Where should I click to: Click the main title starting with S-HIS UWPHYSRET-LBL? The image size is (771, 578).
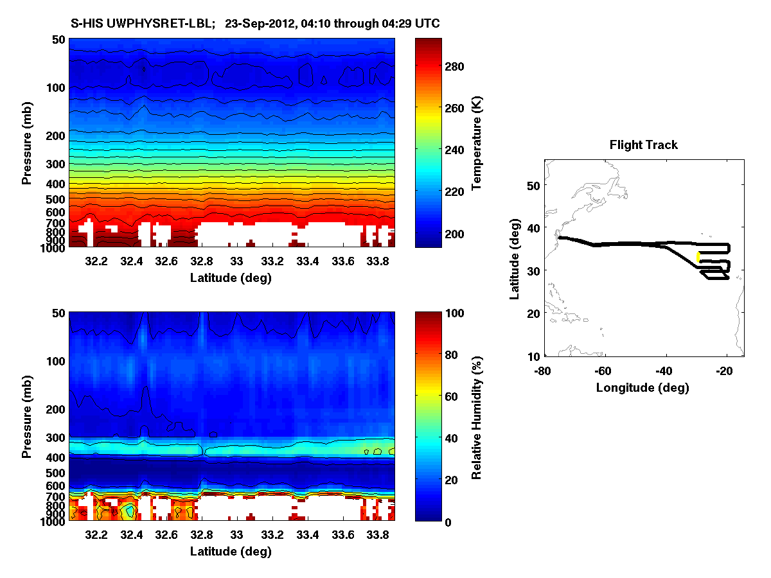(x=255, y=24)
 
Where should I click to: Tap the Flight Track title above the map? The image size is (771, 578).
(x=643, y=145)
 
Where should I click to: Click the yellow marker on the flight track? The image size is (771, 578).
(x=698, y=256)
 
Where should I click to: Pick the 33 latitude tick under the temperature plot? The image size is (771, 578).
(x=236, y=261)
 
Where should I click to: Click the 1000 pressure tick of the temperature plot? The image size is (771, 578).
(x=52, y=247)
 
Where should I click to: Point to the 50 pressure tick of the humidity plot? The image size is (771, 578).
(x=57, y=313)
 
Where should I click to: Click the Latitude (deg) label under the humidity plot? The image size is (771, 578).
(x=231, y=552)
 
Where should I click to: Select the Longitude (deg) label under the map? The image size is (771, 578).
(x=642, y=387)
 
